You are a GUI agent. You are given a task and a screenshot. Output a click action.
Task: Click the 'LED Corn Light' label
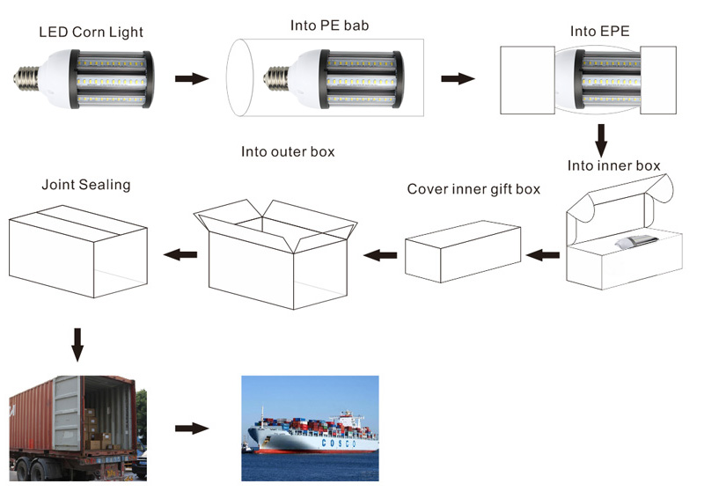coord(91,33)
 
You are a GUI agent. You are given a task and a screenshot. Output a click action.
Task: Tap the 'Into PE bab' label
coord(329,26)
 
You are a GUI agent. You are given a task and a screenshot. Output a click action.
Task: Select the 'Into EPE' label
coord(599,33)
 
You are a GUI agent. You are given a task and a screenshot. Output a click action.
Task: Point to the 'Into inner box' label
coord(613,165)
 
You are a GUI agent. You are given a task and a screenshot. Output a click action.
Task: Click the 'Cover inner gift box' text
coord(473,189)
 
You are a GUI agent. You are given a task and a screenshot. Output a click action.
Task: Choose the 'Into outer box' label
coord(288,151)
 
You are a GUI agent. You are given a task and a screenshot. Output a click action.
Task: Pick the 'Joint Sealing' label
coord(85,185)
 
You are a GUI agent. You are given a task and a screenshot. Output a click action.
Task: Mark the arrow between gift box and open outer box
coord(380,256)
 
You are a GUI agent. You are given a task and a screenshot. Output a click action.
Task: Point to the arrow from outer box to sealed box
coord(180,256)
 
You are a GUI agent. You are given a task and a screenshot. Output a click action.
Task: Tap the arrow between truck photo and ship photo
coord(192,429)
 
